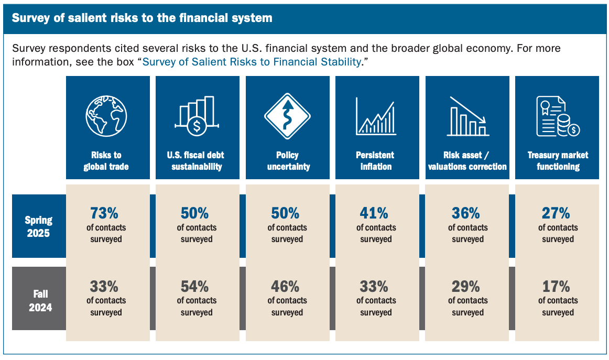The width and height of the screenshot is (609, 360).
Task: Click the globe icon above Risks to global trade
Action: click(x=106, y=116)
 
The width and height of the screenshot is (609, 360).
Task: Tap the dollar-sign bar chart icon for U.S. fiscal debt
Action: click(x=197, y=116)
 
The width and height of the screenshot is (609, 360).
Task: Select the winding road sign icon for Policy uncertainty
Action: click(x=287, y=116)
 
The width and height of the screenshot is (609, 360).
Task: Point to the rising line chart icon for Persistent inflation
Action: click(x=376, y=116)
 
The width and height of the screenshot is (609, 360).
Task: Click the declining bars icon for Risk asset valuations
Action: click(x=467, y=116)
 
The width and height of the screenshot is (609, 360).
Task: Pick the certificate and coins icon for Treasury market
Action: click(x=558, y=116)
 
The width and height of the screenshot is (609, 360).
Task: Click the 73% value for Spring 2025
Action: click(x=104, y=213)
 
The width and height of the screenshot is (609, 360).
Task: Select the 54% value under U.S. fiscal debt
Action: click(x=194, y=287)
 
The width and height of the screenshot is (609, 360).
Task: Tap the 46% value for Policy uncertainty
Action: click(x=285, y=287)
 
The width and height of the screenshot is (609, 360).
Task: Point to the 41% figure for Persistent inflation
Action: click(x=374, y=213)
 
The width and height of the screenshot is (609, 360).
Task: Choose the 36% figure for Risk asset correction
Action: click(x=466, y=213)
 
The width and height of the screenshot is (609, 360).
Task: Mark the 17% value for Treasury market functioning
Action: click(x=556, y=287)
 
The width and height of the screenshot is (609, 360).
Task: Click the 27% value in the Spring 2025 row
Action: click(x=556, y=213)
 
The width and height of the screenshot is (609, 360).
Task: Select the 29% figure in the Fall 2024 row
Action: click(x=466, y=287)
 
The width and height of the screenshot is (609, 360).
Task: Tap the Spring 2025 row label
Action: click(x=38, y=226)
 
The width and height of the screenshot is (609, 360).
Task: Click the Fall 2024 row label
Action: click(x=40, y=301)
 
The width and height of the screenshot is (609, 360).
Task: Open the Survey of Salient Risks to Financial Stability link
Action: click(x=252, y=62)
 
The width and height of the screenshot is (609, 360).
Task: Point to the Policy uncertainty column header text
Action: click(x=288, y=161)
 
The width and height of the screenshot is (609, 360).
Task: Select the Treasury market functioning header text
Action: click(x=558, y=161)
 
